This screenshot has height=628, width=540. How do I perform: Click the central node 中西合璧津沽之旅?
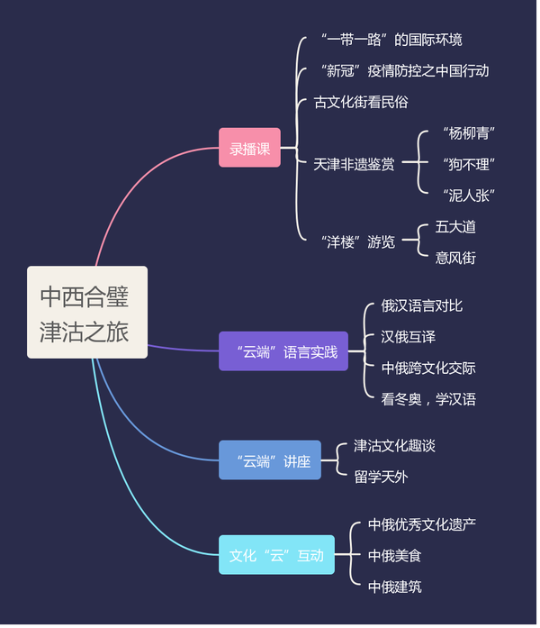coord(87,312)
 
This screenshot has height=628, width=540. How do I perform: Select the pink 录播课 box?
coord(249,148)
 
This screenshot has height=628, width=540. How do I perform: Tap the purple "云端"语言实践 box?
coord(283,351)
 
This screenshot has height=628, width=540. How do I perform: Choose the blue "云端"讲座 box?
coord(269,460)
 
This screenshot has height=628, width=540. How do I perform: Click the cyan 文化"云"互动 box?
coord(276,555)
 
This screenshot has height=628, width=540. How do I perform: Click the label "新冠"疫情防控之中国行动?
coord(404,70)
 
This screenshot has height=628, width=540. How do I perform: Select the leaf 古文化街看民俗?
coord(360,102)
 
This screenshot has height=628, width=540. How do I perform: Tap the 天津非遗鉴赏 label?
coord(354,164)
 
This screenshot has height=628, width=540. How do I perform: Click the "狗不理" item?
coord(468,164)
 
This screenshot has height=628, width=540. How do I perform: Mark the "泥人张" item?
coord(468,195)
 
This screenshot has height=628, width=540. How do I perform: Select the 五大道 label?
coord(455,226)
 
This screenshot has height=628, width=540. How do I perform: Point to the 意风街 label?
coord(455,258)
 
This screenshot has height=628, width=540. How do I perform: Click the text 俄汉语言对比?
coord(421,305)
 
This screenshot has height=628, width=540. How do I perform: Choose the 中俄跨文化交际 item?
coord(427,368)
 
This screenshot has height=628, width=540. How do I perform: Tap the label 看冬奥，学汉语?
coord(427,398)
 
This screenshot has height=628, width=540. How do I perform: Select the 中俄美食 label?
coord(394,555)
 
